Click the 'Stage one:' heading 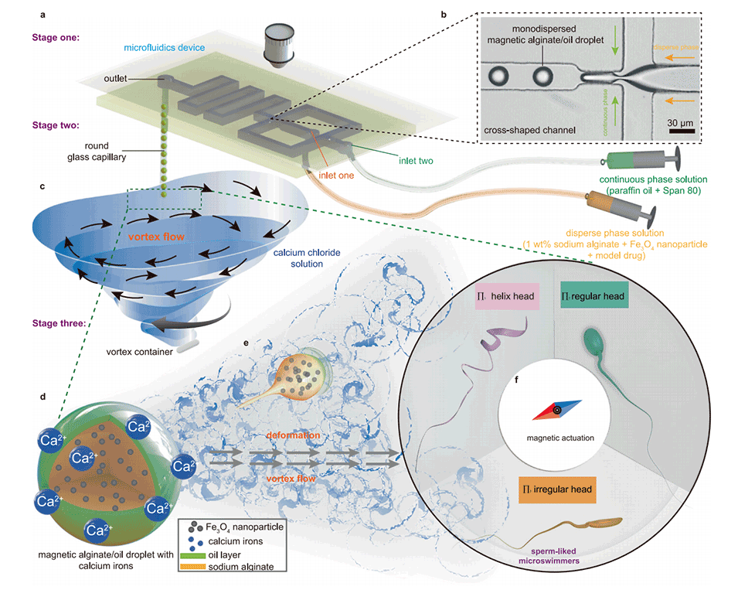(x=54, y=36)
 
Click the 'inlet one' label (x=337, y=175)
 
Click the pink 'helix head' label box (x=506, y=296)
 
